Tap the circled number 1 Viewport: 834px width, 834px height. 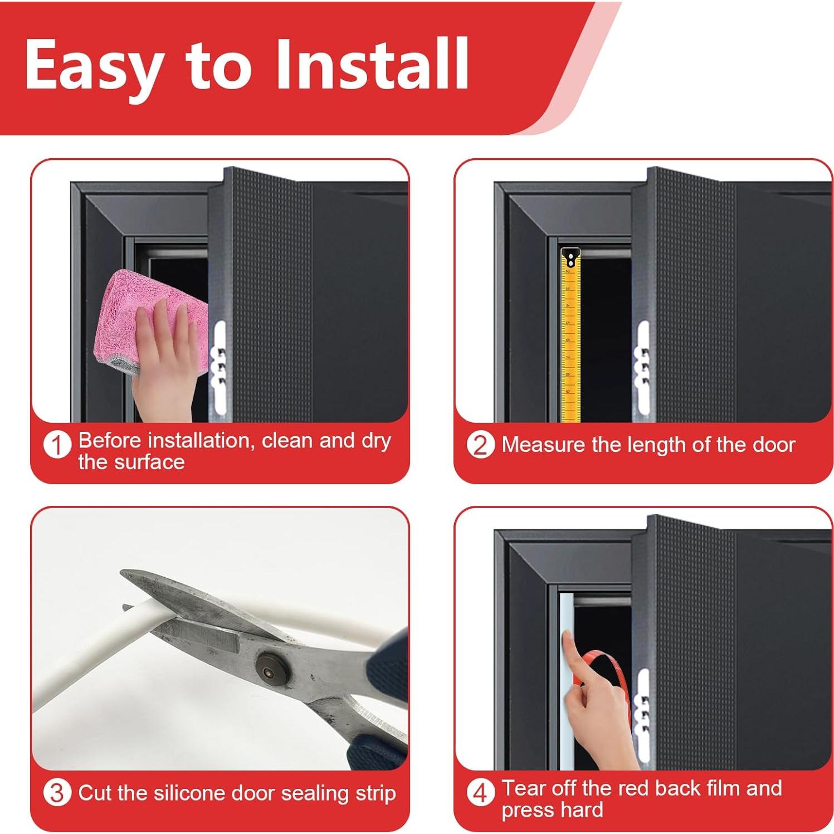(57, 446)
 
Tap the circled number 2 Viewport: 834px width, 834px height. (480, 445)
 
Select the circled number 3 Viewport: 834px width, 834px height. (57, 793)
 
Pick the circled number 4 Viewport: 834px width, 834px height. (480, 793)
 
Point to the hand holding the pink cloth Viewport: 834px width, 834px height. (167, 362)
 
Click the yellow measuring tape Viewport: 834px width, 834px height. (569, 345)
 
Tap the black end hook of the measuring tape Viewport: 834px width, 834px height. (570, 258)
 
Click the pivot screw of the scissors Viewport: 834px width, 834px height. (270, 666)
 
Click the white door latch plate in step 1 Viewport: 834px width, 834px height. (220, 368)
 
